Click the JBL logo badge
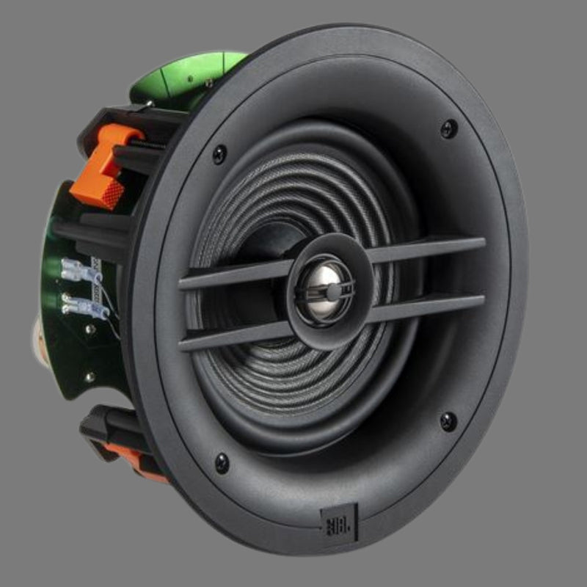pyautogui.click(x=339, y=522)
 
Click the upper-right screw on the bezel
pyautogui.click(x=449, y=129)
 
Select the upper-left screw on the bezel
pyautogui.click(x=219, y=154)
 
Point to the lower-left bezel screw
pyautogui.click(x=222, y=464)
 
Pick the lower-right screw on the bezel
pyautogui.click(x=448, y=422)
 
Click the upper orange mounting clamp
pyautogui.click(x=106, y=167)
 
